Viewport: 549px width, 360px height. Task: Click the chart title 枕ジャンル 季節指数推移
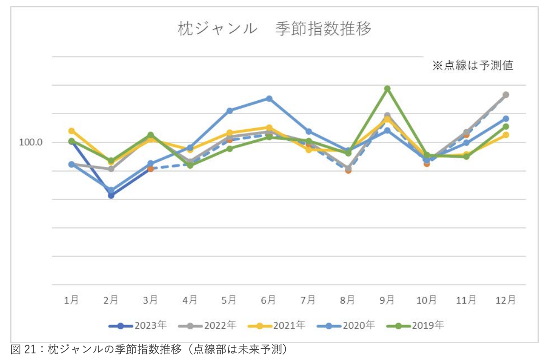pyautogui.click(x=274, y=29)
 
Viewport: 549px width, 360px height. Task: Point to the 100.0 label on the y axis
pyautogui.click(x=31, y=142)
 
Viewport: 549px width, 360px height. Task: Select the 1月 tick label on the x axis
pyautogui.click(x=71, y=300)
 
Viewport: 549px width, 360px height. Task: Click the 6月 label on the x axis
pyautogui.click(x=268, y=300)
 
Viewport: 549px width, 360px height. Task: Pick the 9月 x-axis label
pyautogui.click(x=387, y=300)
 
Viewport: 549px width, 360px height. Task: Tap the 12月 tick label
pyautogui.click(x=505, y=300)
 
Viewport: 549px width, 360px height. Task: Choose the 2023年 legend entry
pyautogui.click(x=137, y=325)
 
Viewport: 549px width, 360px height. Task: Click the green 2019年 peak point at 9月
pyautogui.click(x=387, y=89)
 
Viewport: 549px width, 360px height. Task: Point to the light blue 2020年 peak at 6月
pyautogui.click(x=269, y=98)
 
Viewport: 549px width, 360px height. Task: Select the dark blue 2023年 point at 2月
pyautogui.click(x=111, y=195)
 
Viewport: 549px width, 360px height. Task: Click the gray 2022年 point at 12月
pyautogui.click(x=506, y=95)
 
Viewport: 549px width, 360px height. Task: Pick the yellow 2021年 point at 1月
pyautogui.click(x=71, y=131)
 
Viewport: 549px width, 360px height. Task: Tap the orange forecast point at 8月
pyautogui.click(x=348, y=170)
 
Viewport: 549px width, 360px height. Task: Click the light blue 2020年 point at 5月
pyautogui.click(x=229, y=111)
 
